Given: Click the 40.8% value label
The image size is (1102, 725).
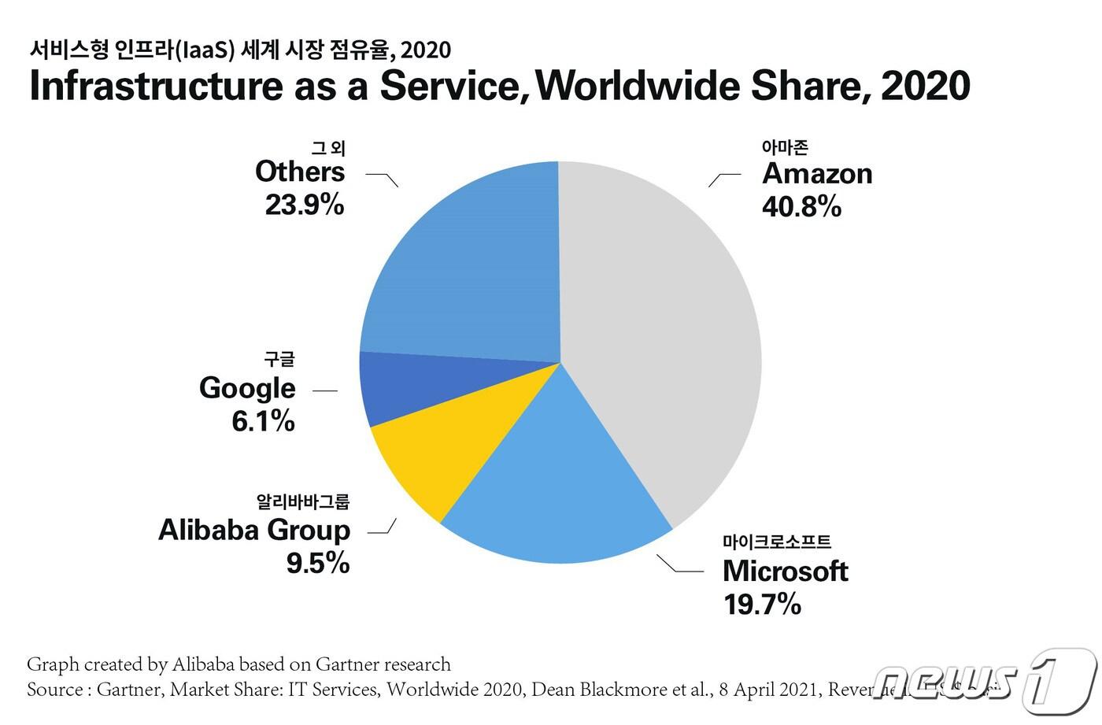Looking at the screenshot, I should click(x=801, y=207).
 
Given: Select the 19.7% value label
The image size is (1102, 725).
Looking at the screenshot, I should click(x=762, y=605).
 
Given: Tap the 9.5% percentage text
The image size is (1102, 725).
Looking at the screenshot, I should click(x=318, y=564).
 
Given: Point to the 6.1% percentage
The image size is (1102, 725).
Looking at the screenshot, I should click(x=263, y=422).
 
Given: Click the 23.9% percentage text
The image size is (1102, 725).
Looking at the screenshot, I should click(x=305, y=205).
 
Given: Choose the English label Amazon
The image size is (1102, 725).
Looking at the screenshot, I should click(x=817, y=174).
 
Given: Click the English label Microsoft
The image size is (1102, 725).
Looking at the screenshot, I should click(x=785, y=571).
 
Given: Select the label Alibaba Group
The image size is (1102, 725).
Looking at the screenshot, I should click(x=254, y=530).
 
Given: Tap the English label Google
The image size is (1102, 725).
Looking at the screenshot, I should click(x=247, y=388).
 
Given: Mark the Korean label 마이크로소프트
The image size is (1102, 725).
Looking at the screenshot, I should click(x=776, y=542).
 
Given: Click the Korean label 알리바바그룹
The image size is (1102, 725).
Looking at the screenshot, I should click(x=302, y=501).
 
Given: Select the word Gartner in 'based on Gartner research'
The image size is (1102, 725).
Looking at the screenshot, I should click(x=350, y=664).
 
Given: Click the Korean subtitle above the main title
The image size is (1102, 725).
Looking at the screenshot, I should click(x=240, y=50).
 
